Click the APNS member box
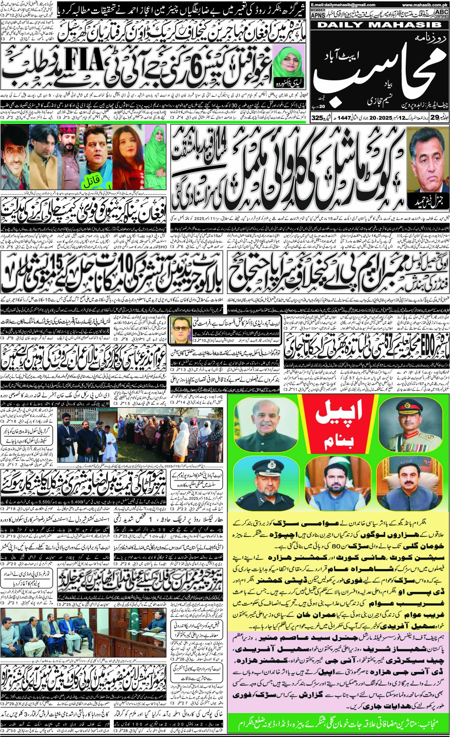coord(317,14)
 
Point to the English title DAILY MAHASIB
coord(380,25)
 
